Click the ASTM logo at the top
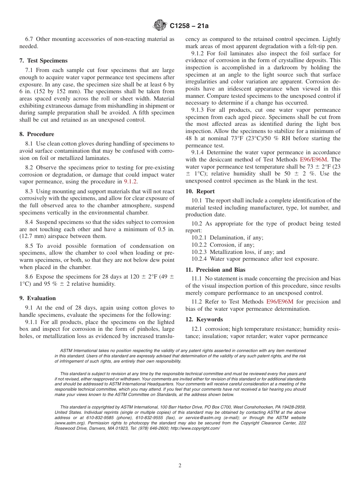[x=160, y=26]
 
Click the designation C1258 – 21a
[x=189, y=26]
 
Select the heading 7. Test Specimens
[x=44, y=61]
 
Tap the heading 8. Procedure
[x=37, y=134]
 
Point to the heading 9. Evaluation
[x=38, y=298]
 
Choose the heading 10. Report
[x=200, y=191]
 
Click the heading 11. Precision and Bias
[x=215, y=270]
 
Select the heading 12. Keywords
[x=204, y=319]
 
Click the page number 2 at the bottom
[x=180, y=466]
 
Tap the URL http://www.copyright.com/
[x=195, y=428]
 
